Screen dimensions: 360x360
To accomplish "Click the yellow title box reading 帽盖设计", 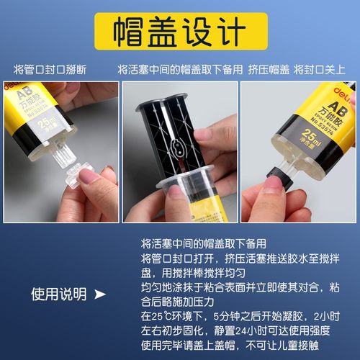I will coord(179,31).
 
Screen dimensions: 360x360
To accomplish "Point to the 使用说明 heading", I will coord(58,294).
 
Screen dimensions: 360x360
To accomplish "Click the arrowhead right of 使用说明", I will coord(100,294).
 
